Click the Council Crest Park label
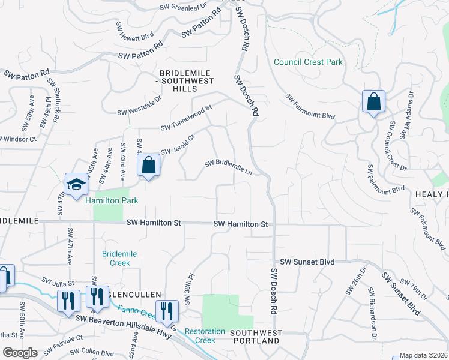307,62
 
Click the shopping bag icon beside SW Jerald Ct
149,166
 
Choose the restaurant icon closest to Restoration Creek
167,311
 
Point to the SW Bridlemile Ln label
228,166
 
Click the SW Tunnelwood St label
186,118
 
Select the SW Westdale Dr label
139,106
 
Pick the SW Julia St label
57,281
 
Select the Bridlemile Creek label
119,258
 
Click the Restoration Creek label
205,335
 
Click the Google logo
20,353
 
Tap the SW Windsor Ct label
20,139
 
